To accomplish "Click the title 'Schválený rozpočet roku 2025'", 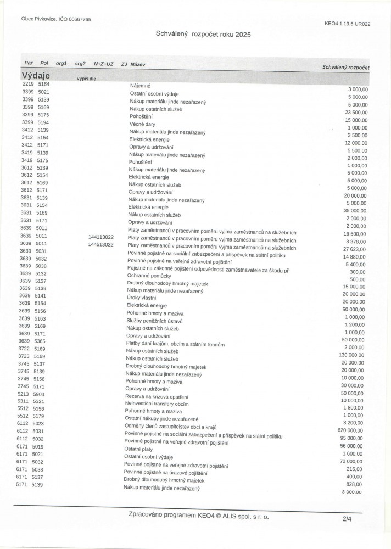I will tap(203, 34).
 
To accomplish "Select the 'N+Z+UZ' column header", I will tap(103, 64).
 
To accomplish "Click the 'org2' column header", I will tap(80, 64).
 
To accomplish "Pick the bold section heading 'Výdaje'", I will tap(36, 75).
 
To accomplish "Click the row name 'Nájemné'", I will tap(140, 86).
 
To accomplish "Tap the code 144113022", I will tap(100, 237).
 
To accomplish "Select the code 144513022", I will tap(100, 244).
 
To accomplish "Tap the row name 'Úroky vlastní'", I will tap(141, 297).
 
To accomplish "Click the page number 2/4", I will tap(347, 518).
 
